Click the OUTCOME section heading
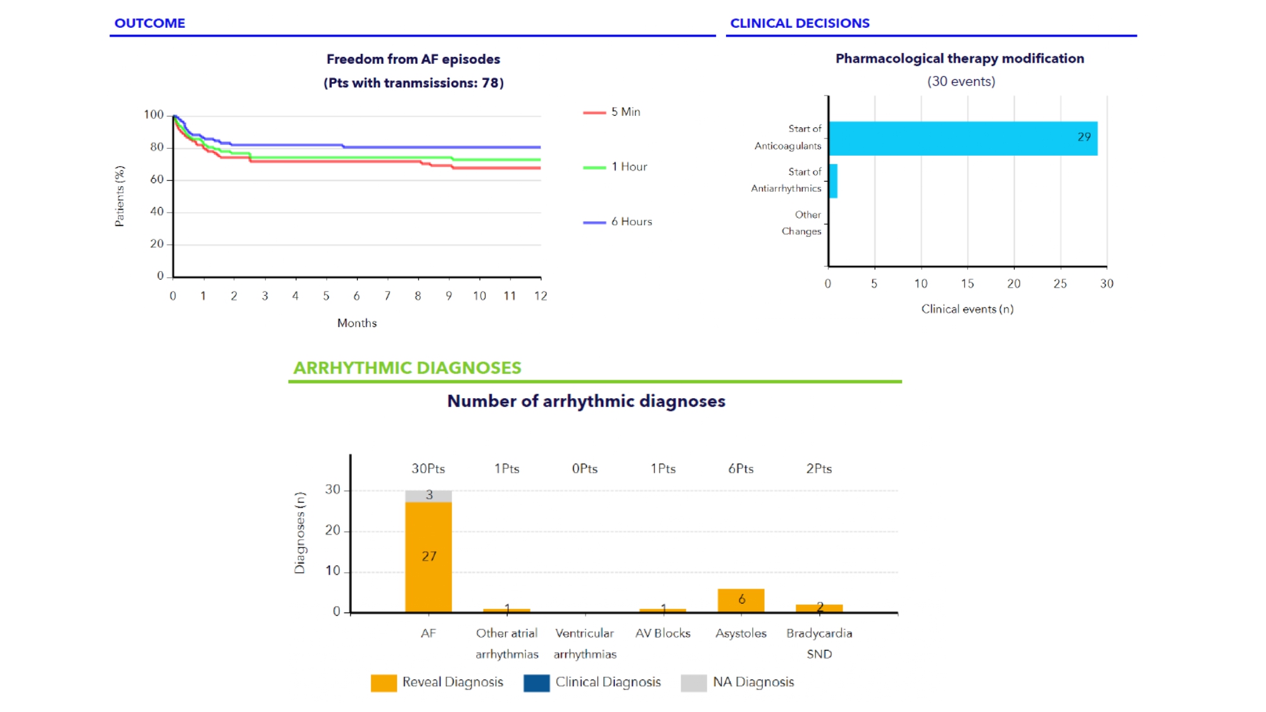click(x=149, y=23)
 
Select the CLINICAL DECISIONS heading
click(x=799, y=23)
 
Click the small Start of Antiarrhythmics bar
click(x=833, y=181)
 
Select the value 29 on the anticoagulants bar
click(x=1084, y=137)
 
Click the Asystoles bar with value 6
click(x=741, y=600)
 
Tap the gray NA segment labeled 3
click(x=429, y=496)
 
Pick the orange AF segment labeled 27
click(x=429, y=556)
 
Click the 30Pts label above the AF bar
click(x=429, y=469)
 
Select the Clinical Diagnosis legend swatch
click(x=536, y=683)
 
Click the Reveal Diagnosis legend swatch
click(x=384, y=683)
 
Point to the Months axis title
click(x=357, y=323)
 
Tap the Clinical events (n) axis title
click(x=967, y=309)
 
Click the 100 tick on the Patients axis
click(x=154, y=115)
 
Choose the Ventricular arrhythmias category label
click(x=585, y=643)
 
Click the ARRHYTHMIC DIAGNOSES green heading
click(x=407, y=368)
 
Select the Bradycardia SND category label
click(x=819, y=643)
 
